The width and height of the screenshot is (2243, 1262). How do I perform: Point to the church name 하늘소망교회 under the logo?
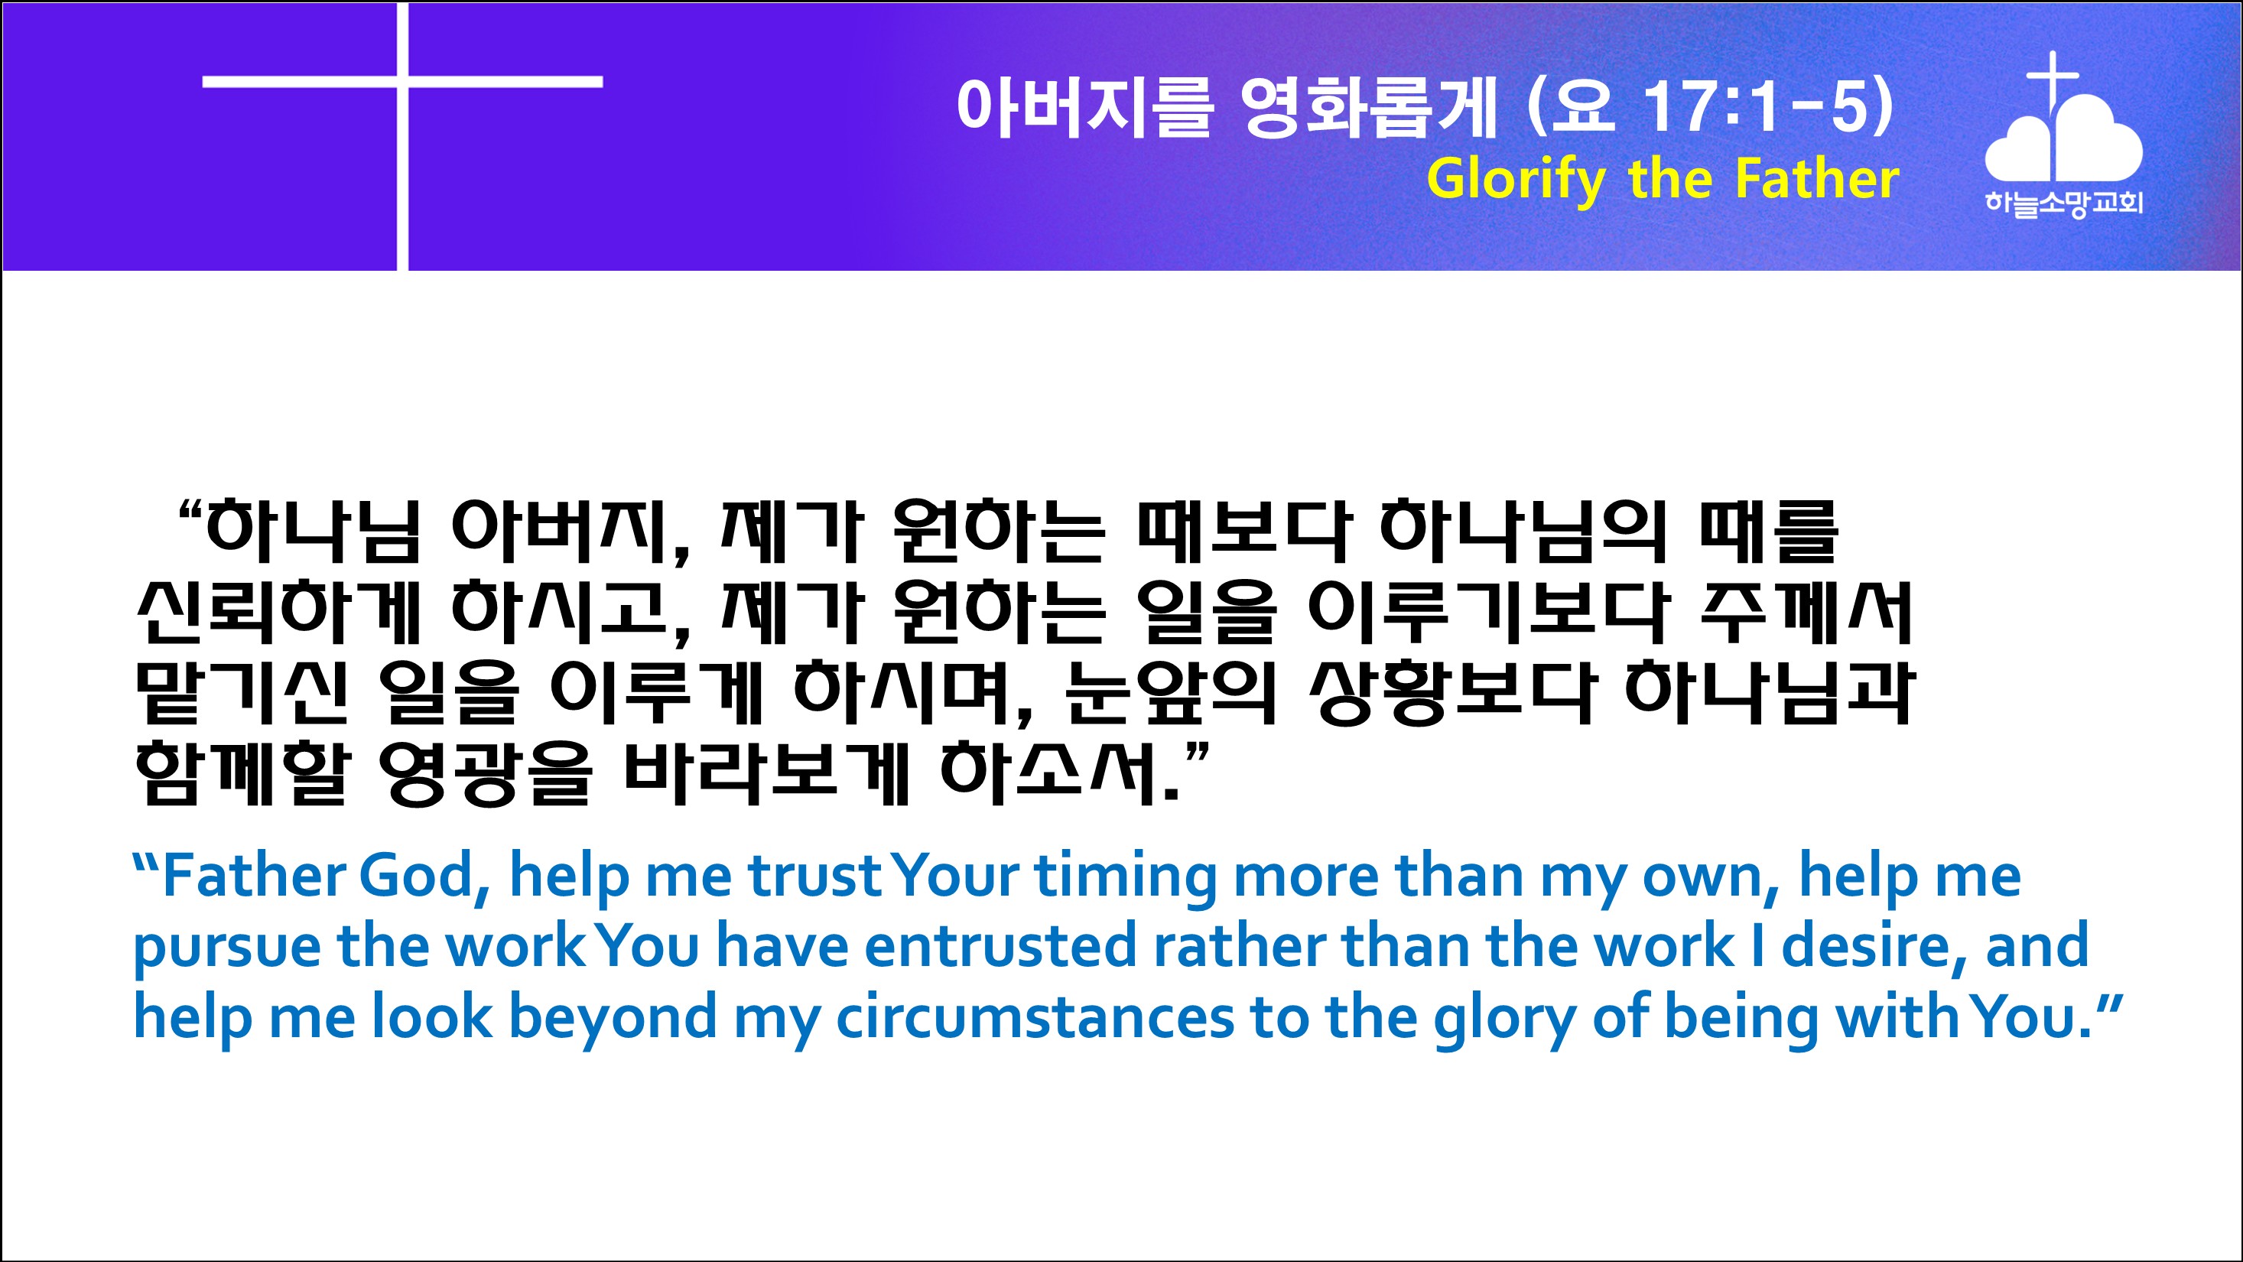(x=2063, y=203)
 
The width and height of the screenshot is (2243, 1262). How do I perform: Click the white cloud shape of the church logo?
(x=2063, y=139)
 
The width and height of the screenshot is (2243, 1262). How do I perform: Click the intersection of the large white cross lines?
(x=402, y=82)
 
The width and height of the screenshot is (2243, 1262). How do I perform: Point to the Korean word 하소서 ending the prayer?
(x=1048, y=772)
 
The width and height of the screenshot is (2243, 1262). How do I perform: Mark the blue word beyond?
(x=612, y=1019)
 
